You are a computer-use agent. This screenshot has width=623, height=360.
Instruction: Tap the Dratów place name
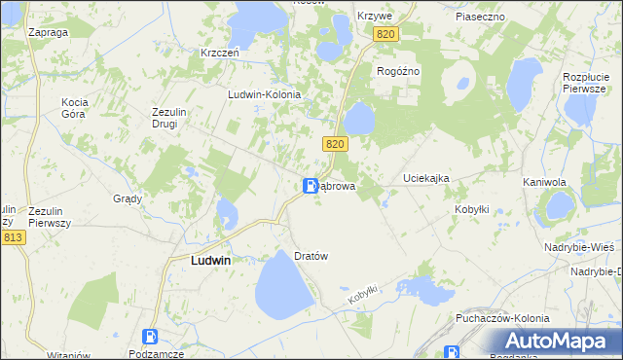pos(311,256)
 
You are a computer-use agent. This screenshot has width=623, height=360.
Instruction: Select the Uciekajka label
pos(426,179)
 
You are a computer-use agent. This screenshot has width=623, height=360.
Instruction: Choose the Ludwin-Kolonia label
pos(264,94)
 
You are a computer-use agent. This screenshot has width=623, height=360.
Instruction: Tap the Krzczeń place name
pos(220,53)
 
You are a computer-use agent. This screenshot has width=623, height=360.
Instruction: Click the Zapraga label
pos(48,32)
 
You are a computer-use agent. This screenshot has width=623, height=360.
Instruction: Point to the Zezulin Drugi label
pos(169,117)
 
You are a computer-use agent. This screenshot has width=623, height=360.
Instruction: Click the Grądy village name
pos(128,198)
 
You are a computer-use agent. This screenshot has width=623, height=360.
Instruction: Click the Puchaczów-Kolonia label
pos(502,318)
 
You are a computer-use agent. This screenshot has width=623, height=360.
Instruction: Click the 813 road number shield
pos(13,237)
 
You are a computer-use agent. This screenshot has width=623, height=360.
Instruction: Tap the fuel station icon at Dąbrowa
pos(310,186)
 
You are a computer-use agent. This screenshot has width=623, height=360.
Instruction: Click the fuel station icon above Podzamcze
pos(150,337)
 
